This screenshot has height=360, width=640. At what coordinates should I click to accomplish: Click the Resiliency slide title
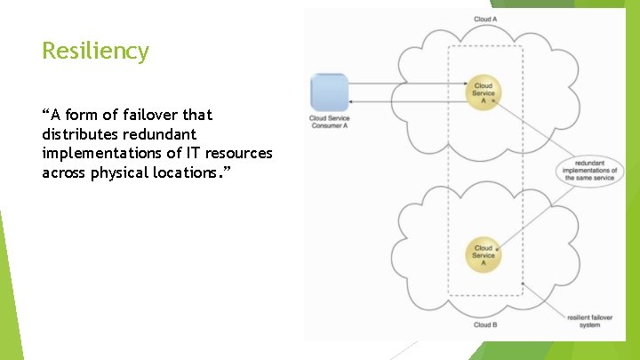tap(95, 52)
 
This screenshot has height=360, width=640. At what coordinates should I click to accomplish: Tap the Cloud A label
tap(485, 19)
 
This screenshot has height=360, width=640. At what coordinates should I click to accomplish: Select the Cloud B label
tap(485, 325)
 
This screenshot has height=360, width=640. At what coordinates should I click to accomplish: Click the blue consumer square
tap(329, 92)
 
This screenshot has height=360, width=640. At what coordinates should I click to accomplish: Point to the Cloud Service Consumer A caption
tap(329, 122)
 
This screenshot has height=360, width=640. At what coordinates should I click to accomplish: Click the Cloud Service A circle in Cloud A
tap(484, 92)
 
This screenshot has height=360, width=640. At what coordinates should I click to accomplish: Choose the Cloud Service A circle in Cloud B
tap(484, 254)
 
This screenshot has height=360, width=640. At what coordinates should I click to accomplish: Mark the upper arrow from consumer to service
tap(409, 84)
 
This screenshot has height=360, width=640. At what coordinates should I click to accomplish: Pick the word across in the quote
tap(62, 172)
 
